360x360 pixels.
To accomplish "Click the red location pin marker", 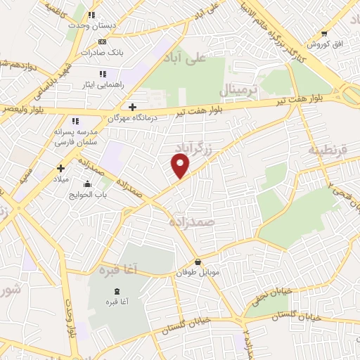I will [181, 166].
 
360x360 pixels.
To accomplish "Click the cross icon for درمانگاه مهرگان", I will [132, 107].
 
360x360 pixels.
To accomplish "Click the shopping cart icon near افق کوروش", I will [324, 33].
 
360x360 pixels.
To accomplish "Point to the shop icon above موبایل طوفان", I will [198, 262].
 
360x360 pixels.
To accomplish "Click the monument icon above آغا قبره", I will [117, 291].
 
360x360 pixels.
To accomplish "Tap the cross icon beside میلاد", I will [61, 168].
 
